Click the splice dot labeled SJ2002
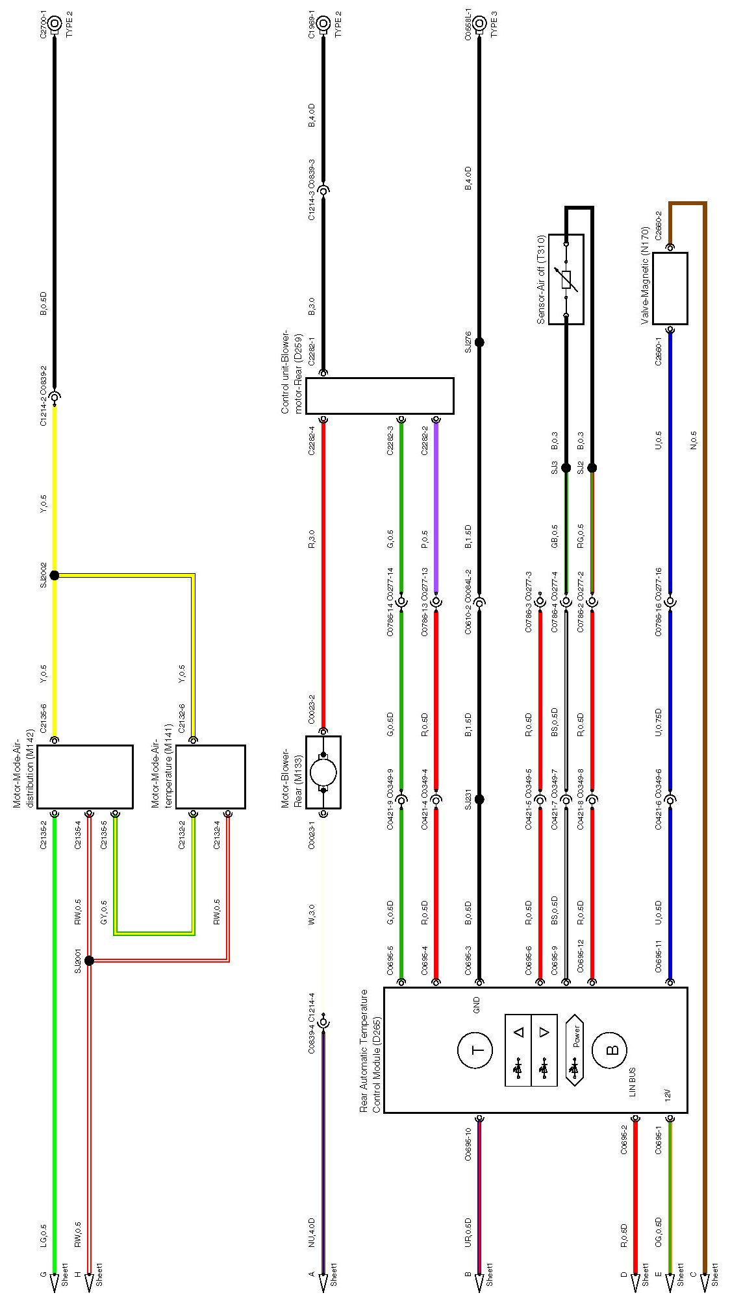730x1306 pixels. [55, 575]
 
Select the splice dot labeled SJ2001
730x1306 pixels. [90, 960]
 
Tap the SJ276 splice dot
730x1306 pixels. [479, 342]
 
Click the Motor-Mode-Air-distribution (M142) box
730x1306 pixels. [85, 776]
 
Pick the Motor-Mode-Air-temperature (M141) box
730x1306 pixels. [210, 776]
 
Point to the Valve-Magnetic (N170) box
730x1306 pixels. [670, 288]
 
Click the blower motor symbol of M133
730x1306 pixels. [323, 772]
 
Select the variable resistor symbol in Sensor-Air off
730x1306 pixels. [566, 279]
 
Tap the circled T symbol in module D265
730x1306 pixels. [475, 1050]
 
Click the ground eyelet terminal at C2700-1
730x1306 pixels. [55, 24]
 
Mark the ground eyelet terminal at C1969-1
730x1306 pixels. [323, 24]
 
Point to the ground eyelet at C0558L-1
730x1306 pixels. [479, 24]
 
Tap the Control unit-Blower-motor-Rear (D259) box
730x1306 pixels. [379, 396]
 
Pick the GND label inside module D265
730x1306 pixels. [476, 1005]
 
